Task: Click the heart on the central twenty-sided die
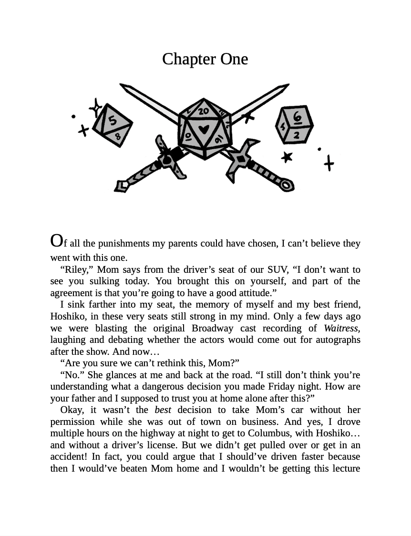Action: click(x=204, y=129)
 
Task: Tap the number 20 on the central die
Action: click(x=204, y=111)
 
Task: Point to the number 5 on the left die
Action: click(x=113, y=120)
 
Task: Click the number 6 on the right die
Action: click(x=297, y=116)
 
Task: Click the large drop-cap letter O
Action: click(x=56, y=240)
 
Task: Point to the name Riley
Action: click(x=73, y=269)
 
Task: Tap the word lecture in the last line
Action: click(x=343, y=468)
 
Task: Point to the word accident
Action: click(x=67, y=457)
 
